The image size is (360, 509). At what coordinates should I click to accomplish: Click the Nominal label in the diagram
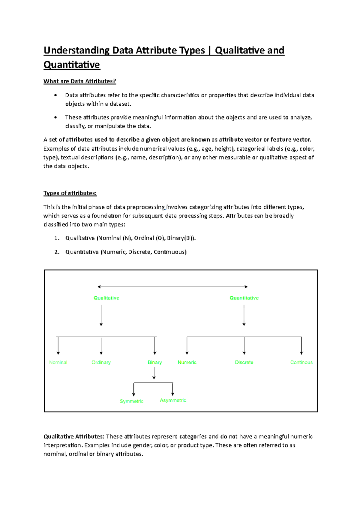58,362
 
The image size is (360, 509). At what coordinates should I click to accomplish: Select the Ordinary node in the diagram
101,362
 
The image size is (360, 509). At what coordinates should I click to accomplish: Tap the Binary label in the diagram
154,362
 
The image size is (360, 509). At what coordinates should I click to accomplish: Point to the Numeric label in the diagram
187,362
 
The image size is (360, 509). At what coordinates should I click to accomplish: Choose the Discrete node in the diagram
244,362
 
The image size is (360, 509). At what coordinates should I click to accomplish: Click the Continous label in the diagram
301,362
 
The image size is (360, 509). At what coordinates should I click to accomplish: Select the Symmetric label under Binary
131,401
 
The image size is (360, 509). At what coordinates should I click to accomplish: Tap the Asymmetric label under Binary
173,400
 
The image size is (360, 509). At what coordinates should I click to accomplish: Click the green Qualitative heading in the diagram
106,298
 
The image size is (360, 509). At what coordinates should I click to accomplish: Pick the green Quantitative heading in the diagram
244,298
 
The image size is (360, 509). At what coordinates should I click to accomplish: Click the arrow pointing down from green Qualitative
101,315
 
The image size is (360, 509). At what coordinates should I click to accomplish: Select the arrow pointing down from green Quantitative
244,315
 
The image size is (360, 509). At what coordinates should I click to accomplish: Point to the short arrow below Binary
154,373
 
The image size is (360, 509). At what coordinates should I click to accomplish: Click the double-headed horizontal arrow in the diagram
172,287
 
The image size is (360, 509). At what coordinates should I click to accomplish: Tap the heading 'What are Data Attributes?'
79,81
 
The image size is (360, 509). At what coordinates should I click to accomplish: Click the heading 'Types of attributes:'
70,193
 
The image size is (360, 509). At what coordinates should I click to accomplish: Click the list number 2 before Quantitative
57,252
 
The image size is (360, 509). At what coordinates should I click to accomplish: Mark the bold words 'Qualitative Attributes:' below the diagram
74,436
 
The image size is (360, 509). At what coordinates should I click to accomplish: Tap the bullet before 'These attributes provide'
55,117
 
